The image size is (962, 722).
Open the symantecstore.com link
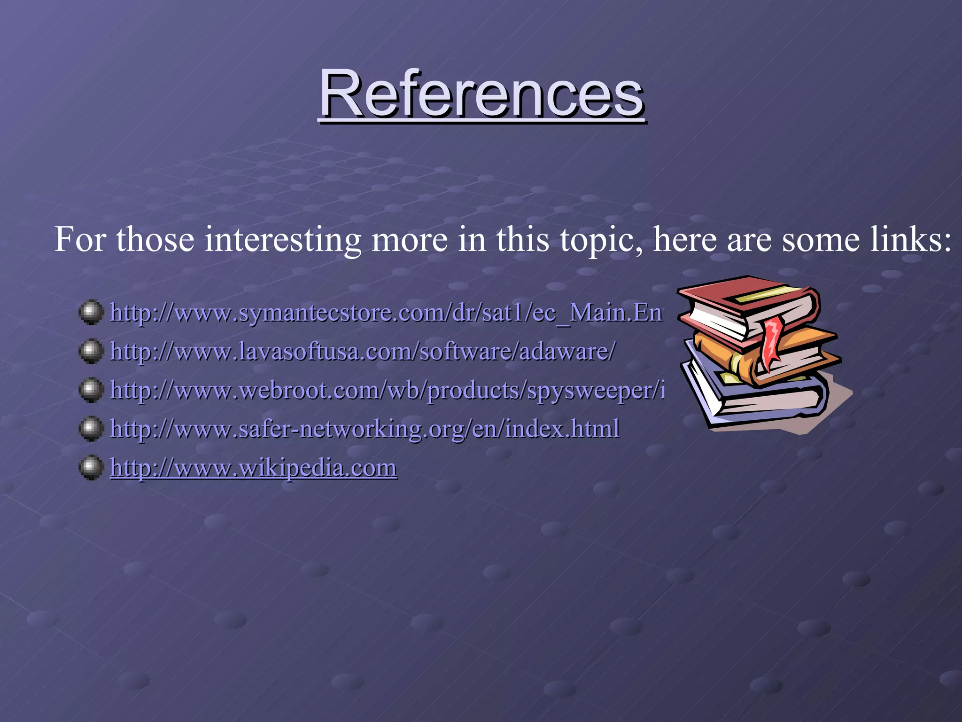[x=385, y=313]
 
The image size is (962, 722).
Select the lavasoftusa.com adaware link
[x=362, y=351]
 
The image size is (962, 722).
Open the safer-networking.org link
[x=365, y=429]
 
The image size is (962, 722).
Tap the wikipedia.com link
[x=254, y=468]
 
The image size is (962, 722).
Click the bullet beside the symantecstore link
[x=91, y=312]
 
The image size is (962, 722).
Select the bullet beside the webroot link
[x=91, y=390]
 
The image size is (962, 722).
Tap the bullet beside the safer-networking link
[x=91, y=428]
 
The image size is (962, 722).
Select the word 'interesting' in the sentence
[x=282, y=240]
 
